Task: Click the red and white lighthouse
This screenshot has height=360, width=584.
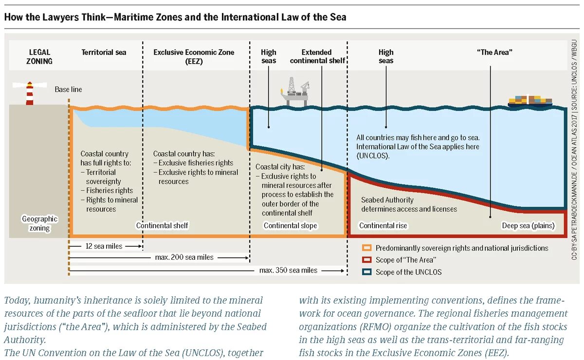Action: tap(30, 93)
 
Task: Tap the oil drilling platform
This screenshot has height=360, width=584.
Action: tap(295, 91)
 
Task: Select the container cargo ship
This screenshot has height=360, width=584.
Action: tap(530, 101)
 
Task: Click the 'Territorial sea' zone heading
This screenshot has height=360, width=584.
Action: tap(104, 53)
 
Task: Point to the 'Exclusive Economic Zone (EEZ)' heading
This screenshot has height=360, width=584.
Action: tap(194, 56)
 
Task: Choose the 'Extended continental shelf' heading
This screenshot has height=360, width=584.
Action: tap(317, 56)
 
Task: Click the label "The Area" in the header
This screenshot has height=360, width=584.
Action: tap(494, 53)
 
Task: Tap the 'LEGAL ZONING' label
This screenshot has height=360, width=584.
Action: tap(39, 56)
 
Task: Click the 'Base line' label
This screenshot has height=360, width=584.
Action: tap(68, 90)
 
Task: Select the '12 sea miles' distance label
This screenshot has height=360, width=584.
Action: tap(104, 246)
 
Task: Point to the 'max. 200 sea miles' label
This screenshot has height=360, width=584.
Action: tap(184, 257)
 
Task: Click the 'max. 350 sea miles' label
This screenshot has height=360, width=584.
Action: tap(288, 270)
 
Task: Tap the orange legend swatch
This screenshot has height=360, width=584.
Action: tap(366, 248)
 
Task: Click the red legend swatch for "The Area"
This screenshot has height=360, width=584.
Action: tap(366, 260)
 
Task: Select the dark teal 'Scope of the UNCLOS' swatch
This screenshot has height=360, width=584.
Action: tap(366, 272)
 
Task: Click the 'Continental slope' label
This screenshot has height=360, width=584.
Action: tap(290, 226)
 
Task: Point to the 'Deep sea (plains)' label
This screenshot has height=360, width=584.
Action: tap(528, 226)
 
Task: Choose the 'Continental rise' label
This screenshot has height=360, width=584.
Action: tap(383, 226)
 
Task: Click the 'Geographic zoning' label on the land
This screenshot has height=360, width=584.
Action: tap(39, 223)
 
